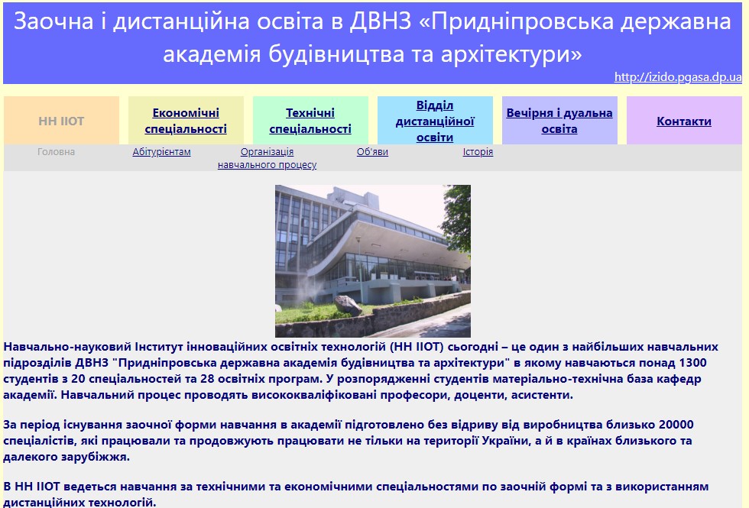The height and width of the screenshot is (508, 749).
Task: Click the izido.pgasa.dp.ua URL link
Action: [x=678, y=77]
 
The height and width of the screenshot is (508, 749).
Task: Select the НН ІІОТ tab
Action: [x=61, y=121]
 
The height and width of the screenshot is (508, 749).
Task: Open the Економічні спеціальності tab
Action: [x=186, y=121]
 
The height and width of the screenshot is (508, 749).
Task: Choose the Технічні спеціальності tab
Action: [x=310, y=121]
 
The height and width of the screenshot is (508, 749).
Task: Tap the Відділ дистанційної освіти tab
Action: [x=435, y=121]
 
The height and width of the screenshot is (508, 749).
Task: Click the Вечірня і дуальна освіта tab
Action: [x=559, y=121]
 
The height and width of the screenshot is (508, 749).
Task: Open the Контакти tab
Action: [x=684, y=121]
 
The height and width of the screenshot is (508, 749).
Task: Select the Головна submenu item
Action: [x=56, y=152]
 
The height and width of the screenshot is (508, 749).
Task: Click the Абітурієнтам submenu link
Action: [x=161, y=152]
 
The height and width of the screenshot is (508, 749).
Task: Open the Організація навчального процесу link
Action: [x=267, y=158]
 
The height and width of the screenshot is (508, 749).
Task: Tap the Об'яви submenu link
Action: [x=372, y=152]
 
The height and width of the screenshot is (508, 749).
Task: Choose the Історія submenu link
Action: [x=478, y=152]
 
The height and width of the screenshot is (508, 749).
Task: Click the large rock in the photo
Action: [x=349, y=306]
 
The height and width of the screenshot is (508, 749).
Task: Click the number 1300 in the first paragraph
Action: [x=692, y=363]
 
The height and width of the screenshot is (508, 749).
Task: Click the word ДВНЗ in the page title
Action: [x=381, y=21]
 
